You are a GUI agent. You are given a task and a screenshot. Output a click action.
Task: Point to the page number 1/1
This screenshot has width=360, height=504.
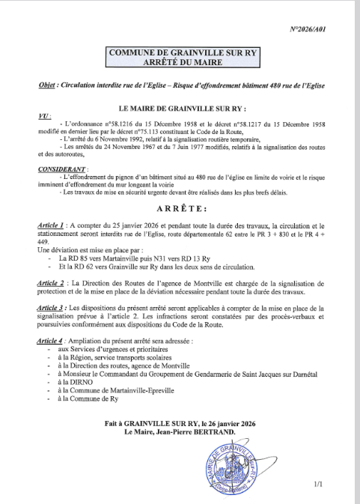click(x=319, y=485)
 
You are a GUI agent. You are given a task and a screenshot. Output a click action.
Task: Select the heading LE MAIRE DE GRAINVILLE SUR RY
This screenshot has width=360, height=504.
click(x=180, y=109)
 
